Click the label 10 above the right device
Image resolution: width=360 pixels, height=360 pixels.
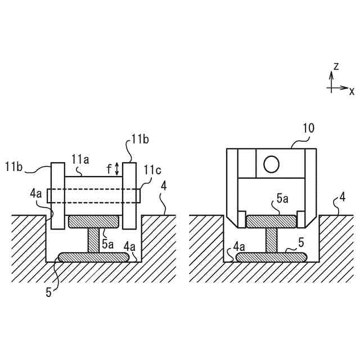point(308,128)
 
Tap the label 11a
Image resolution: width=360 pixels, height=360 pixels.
point(80,160)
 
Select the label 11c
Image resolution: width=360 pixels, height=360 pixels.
point(151,170)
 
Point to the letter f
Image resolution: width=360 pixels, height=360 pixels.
point(109,168)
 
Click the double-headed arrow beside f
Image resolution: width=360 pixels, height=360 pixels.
point(117,168)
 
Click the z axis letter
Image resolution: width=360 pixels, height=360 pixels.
point(336,66)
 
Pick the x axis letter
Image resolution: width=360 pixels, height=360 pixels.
point(352,91)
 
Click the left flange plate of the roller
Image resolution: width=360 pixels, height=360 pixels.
point(57,196)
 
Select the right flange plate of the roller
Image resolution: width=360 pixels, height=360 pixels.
point(129,196)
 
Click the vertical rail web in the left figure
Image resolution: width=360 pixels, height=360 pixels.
point(93,240)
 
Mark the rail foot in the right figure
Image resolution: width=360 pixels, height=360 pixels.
point(272,257)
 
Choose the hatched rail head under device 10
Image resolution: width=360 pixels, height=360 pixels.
point(272,221)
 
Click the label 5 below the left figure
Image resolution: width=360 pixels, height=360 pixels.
point(49,292)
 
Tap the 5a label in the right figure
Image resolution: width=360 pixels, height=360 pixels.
point(283,199)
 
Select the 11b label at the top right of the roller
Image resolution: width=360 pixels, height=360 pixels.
point(139,138)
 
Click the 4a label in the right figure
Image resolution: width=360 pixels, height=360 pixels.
point(239,246)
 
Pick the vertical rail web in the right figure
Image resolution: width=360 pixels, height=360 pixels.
point(272,240)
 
